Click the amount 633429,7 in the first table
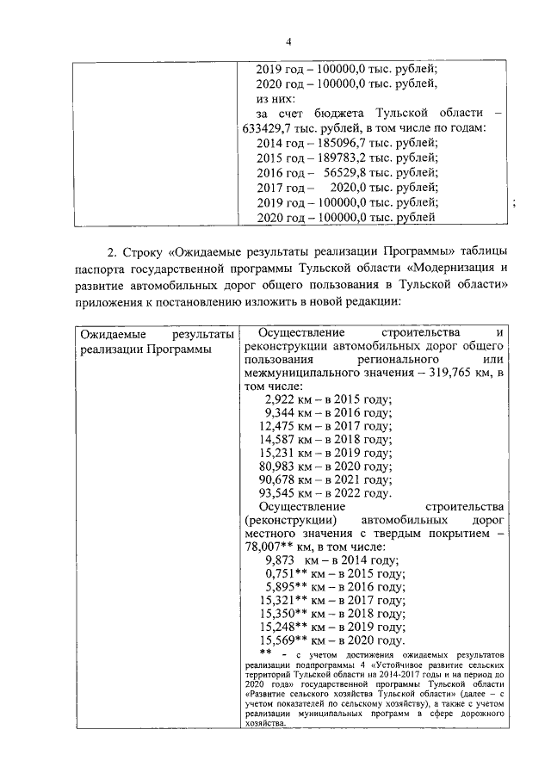tap(273, 128)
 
